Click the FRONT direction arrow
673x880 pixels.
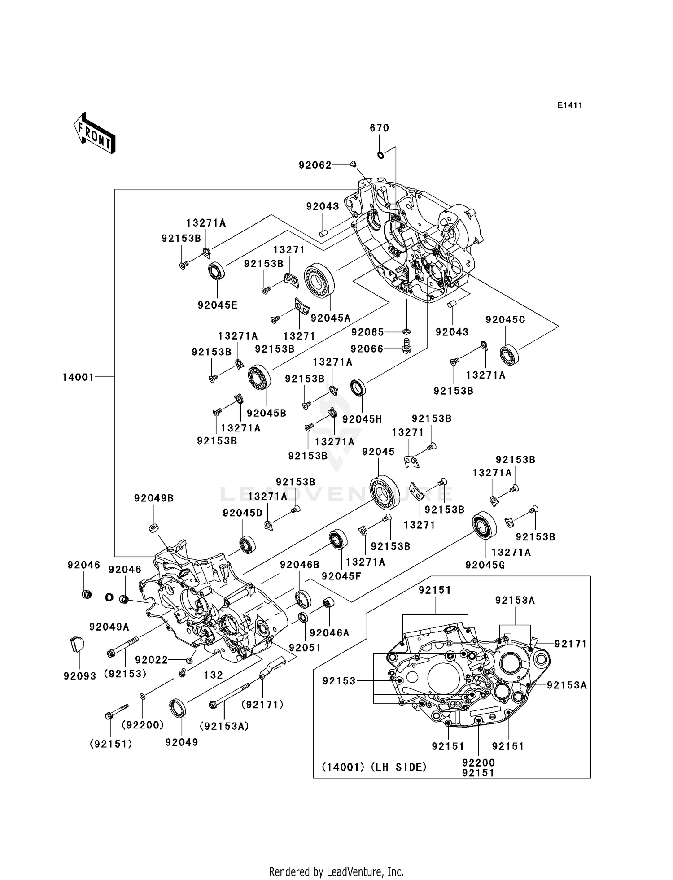95,134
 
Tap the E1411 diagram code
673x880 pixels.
570,105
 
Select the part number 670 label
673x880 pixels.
379,128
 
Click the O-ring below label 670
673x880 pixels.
380,155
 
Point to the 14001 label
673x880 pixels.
78,377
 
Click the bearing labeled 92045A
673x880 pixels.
320,280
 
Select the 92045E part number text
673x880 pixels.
218,305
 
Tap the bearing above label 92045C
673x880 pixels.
509,355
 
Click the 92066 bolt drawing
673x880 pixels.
407,346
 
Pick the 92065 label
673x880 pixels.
367,332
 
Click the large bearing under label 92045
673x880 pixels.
385,491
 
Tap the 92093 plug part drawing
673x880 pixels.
77,644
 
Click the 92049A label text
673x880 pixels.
109,627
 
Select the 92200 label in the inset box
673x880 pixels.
478,762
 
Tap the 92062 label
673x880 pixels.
315,166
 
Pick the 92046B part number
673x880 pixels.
300,565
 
